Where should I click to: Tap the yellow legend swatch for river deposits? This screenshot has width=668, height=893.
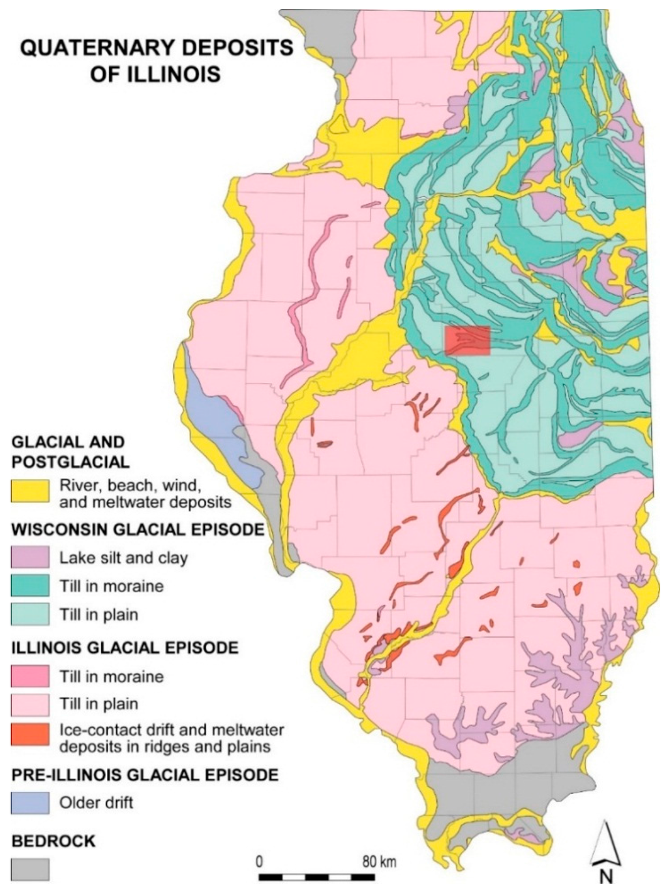click(30, 491)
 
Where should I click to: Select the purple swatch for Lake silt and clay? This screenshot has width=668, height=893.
click(30, 557)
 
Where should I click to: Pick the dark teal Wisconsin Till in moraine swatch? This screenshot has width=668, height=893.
click(30, 585)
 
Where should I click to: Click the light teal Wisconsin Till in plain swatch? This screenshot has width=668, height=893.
click(30, 614)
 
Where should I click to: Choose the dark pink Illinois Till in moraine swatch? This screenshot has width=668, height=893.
click(30, 676)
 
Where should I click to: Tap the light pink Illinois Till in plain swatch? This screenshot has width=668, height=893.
click(30, 704)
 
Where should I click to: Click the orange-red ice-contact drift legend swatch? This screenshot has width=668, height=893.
click(30, 735)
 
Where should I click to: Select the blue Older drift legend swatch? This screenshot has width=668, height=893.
click(30, 802)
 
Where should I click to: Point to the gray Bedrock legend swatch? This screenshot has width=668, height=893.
click(30, 870)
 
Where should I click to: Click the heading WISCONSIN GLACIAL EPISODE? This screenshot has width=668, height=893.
click(138, 529)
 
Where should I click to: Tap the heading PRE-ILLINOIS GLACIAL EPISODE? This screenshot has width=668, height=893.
click(145, 775)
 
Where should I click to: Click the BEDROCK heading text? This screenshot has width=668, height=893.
click(53, 841)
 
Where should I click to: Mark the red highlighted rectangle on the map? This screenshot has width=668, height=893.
click(467, 341)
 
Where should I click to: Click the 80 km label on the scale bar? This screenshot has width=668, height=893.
click(379, 862)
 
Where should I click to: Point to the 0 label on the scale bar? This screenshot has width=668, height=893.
click(259, 862)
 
